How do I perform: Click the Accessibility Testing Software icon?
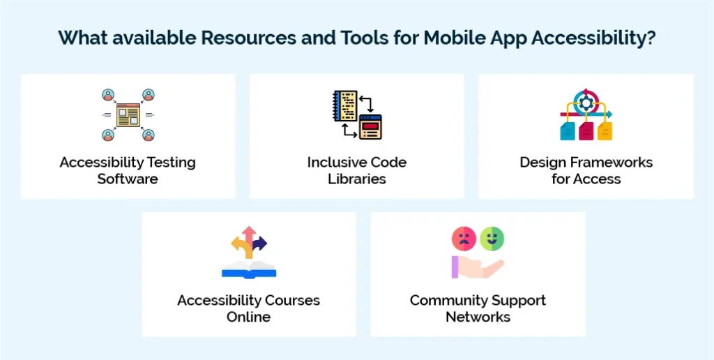(x=128, y=115)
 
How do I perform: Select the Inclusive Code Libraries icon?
(x=356, y=115)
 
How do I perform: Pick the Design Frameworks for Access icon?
(x=586, y=115)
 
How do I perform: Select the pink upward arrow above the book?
(x=249, y=236)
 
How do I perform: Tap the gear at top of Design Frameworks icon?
(x=586, y=102)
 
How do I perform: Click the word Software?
(x=128, y=179)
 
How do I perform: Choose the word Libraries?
(x=357, y=179)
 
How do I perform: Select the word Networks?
(x=478, y=317)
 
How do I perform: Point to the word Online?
(x=248, y=317)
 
